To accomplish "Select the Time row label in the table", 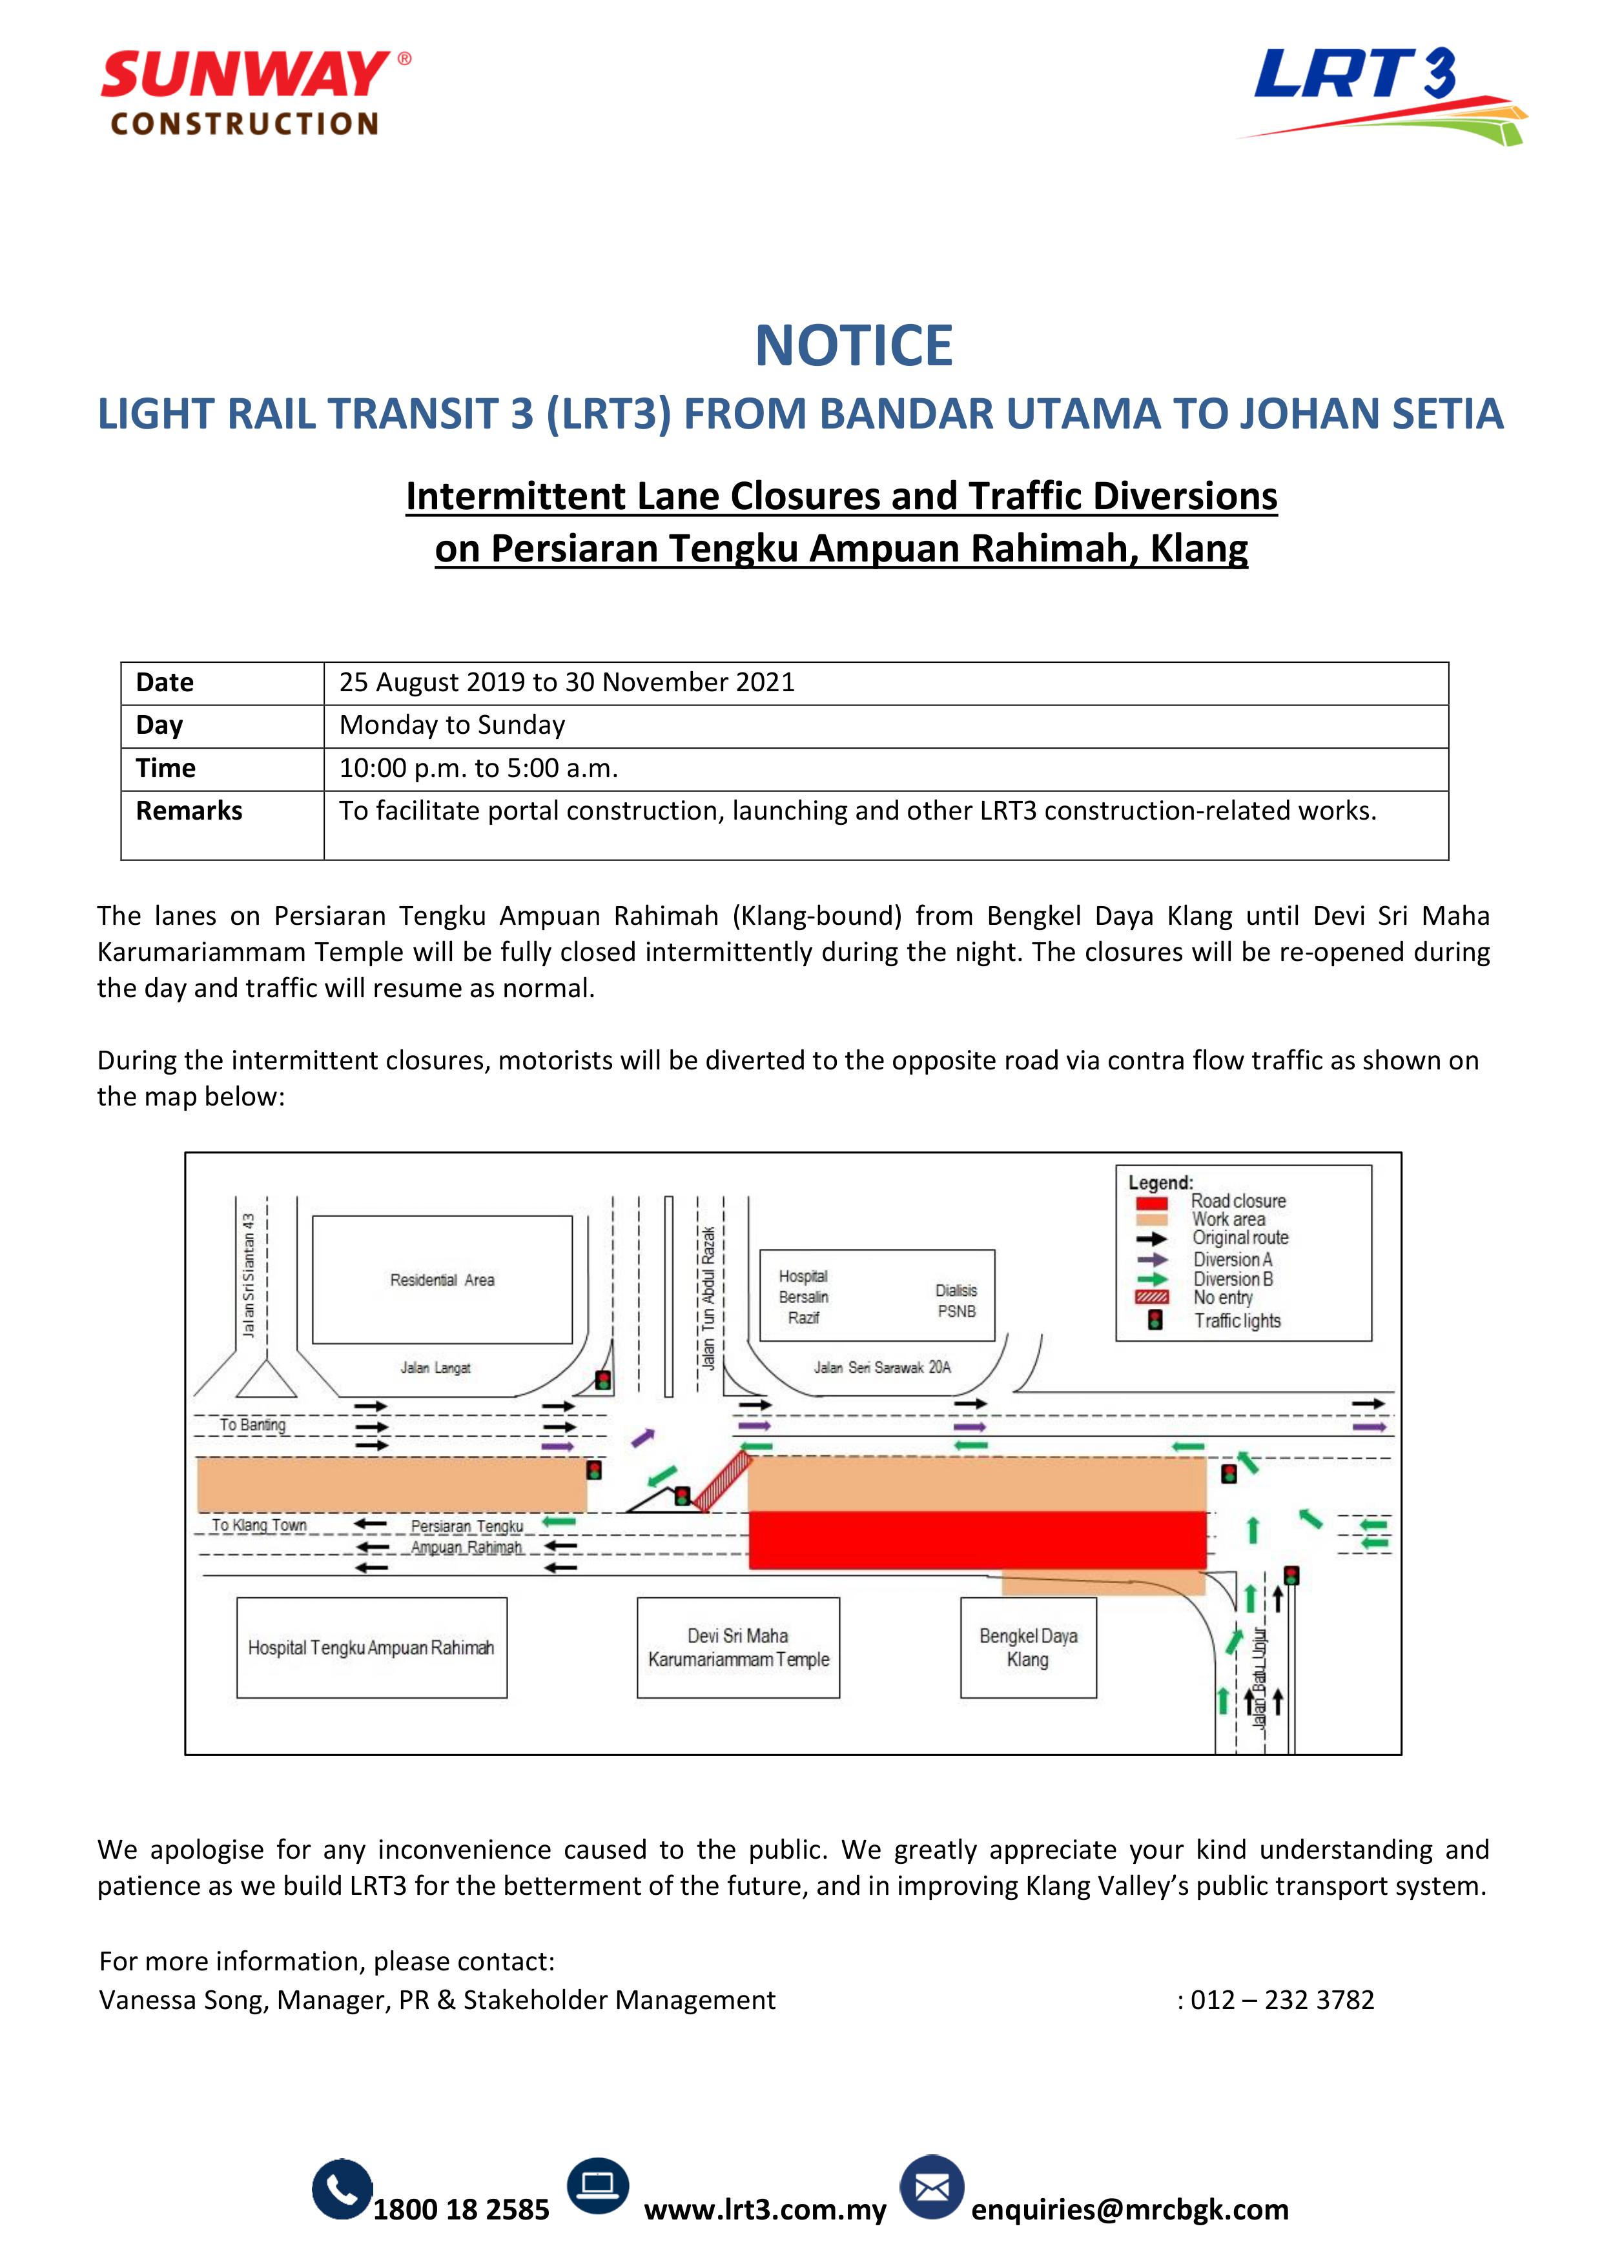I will click(166, 768).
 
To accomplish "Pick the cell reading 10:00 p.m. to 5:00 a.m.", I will click(478, 768).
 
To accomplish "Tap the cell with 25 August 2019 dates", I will click(566, 682).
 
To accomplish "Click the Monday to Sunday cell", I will click(452, 725).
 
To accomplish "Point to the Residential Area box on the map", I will click(442, 1279).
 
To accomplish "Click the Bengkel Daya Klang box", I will click(1028, 1648).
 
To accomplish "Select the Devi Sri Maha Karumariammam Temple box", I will click(738, 1648).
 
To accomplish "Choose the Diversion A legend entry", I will click(1232, 1259).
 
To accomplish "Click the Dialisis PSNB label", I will click(956, 1300).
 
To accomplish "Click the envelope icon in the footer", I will click(931, 2188).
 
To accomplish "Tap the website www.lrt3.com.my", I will click(765, 2210).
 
